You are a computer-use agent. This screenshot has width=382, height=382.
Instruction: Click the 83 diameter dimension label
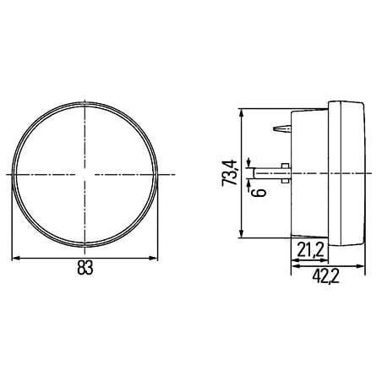[x=85, y=268]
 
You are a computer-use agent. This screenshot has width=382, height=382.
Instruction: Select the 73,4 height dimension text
[x=229, y=172]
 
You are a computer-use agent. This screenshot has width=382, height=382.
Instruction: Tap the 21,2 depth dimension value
[x=309, y=249]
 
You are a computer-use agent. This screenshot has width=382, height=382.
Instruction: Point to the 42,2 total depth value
[x=325, y=276]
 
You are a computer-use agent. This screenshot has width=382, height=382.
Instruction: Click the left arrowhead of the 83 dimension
[x=16, y=258]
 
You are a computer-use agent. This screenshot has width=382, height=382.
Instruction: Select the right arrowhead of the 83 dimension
[x=153, y=258]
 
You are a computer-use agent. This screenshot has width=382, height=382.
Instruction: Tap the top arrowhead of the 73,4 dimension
[x=241, y=113]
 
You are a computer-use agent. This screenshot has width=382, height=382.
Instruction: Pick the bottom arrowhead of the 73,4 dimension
[x=241, y=233]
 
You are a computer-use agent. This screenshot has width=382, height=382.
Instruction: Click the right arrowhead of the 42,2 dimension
[x=361, y=266]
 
